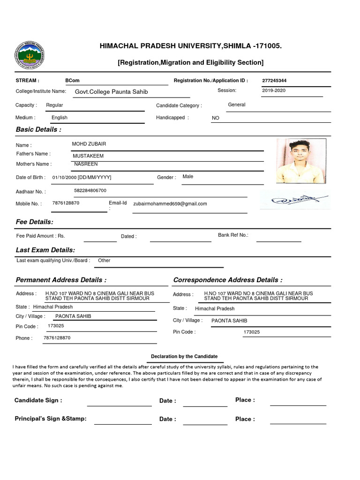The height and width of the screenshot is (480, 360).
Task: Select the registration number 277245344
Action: [x=274, y=81]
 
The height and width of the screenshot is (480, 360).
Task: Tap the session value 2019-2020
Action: [x=274, y=90]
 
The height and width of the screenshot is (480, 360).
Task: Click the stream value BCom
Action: [x=72, y=81]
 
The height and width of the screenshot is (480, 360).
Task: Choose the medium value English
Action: [x=60, y=118]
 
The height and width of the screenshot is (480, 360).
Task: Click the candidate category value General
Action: [x=236, y=105]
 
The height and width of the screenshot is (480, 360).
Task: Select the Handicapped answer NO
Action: [x=216, y=118]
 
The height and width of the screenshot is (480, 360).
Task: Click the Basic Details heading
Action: [x=38, y=129]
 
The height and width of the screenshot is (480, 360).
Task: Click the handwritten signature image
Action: [x=294, y=200]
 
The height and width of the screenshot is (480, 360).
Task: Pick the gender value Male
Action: [x=187, y=177]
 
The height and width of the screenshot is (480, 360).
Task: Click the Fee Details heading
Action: [x=35, y=222]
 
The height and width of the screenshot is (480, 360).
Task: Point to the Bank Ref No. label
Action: [x=233, y=235]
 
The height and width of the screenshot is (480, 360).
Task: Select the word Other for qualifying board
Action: [x=104, y=260]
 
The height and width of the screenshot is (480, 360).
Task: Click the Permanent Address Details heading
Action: [x=61, y=280]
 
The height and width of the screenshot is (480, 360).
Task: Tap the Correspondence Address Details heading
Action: [x=228, y=280]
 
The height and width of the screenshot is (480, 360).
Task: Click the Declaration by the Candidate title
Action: [x=184, y=357]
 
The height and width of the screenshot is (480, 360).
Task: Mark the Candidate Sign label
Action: [x=38, y=400]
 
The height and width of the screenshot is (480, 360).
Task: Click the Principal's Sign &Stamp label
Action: [x=51, y=419]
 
